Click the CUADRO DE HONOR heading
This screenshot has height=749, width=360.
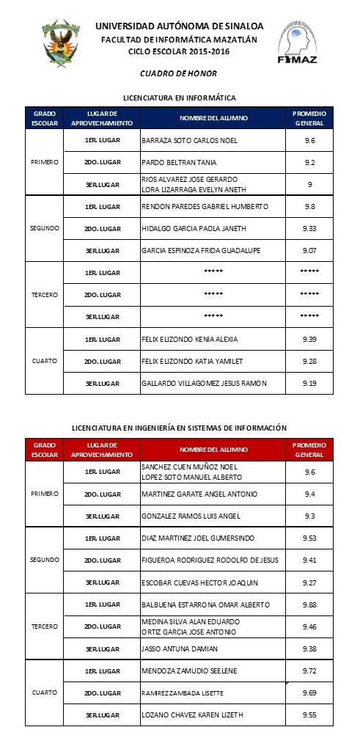tap(178, 73)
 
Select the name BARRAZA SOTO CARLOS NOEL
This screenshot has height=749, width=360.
tap(188, 140)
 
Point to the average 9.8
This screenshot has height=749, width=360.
tap(309, 206)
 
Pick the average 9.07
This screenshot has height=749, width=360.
tap(309, 250)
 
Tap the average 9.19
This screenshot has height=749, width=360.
tap(309, 383)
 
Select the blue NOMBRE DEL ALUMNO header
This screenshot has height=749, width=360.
tap(212, 118)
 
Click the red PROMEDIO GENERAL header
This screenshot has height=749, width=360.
tap(309, 450)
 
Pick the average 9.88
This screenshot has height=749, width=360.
tap(309, 604)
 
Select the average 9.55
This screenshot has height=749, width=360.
tap(309, 715)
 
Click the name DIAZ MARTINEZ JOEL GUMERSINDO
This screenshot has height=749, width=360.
tap(197, 538)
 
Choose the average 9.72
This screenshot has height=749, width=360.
tap(309, 671)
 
